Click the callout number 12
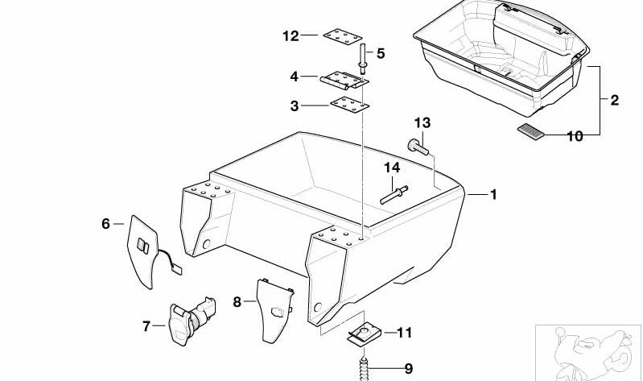point(291,36)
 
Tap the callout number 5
point(381,53)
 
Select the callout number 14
point(392,168)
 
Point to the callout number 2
point(614,100)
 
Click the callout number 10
point(575,136)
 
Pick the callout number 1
point(494,194)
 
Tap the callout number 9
point(409,369)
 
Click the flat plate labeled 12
point(342,36)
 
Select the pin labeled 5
point(363,59)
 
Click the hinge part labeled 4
point(344,80)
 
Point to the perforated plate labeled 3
point(349,105)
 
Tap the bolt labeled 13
point(418,147)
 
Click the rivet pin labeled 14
point(394,195)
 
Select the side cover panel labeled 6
point(142,251)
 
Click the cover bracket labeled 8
point(273,311)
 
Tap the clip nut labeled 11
point(364,332)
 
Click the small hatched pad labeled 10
point(531,132)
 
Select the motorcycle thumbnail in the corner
point(588,353)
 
